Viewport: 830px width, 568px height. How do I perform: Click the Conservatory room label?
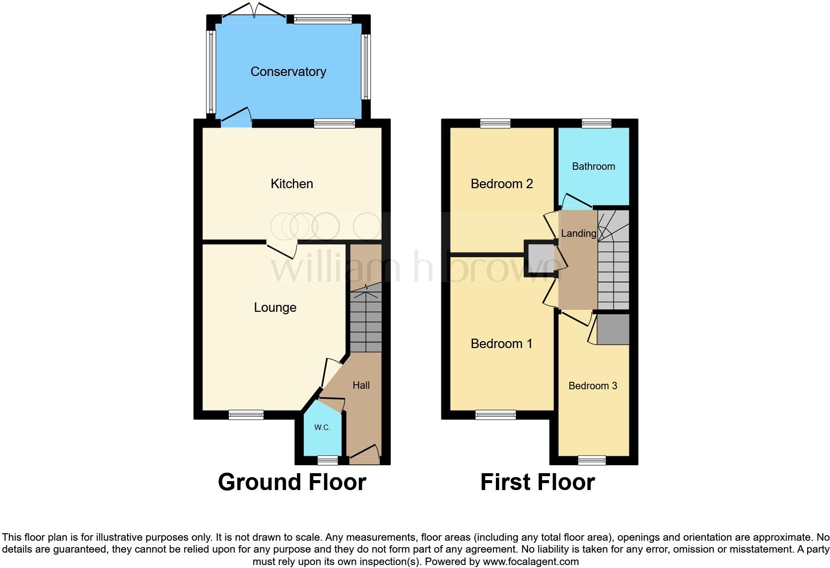[x=288, y=72]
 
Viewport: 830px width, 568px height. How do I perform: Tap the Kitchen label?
[x=291, y=184]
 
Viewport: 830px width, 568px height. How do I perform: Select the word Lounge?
[x=275, y=307]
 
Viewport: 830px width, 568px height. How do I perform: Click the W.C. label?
[x=322, y=427]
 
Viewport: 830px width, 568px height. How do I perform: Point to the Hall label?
[x=361, y=385]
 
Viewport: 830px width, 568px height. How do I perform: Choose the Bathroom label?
[x=593, y=166]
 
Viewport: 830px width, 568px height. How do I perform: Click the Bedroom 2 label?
[x=501, y=184]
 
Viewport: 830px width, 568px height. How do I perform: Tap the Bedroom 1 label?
[x=501, y=344]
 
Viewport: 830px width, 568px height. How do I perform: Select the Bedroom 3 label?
[x=593, y=386]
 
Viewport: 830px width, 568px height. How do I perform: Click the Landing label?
[x=578, y=233]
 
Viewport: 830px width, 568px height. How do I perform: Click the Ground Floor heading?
[x=292, y=482]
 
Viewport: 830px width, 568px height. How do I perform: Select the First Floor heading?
[x=538, y=482]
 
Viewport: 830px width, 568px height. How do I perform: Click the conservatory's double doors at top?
[x=254, y=12]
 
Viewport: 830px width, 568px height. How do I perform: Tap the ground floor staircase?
[x=366, y=320]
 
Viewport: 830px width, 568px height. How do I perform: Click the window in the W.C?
[x=328, y=460]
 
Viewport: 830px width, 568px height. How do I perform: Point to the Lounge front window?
[x=246, y=415]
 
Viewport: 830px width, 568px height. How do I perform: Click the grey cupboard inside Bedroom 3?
[x=613, y=329]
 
